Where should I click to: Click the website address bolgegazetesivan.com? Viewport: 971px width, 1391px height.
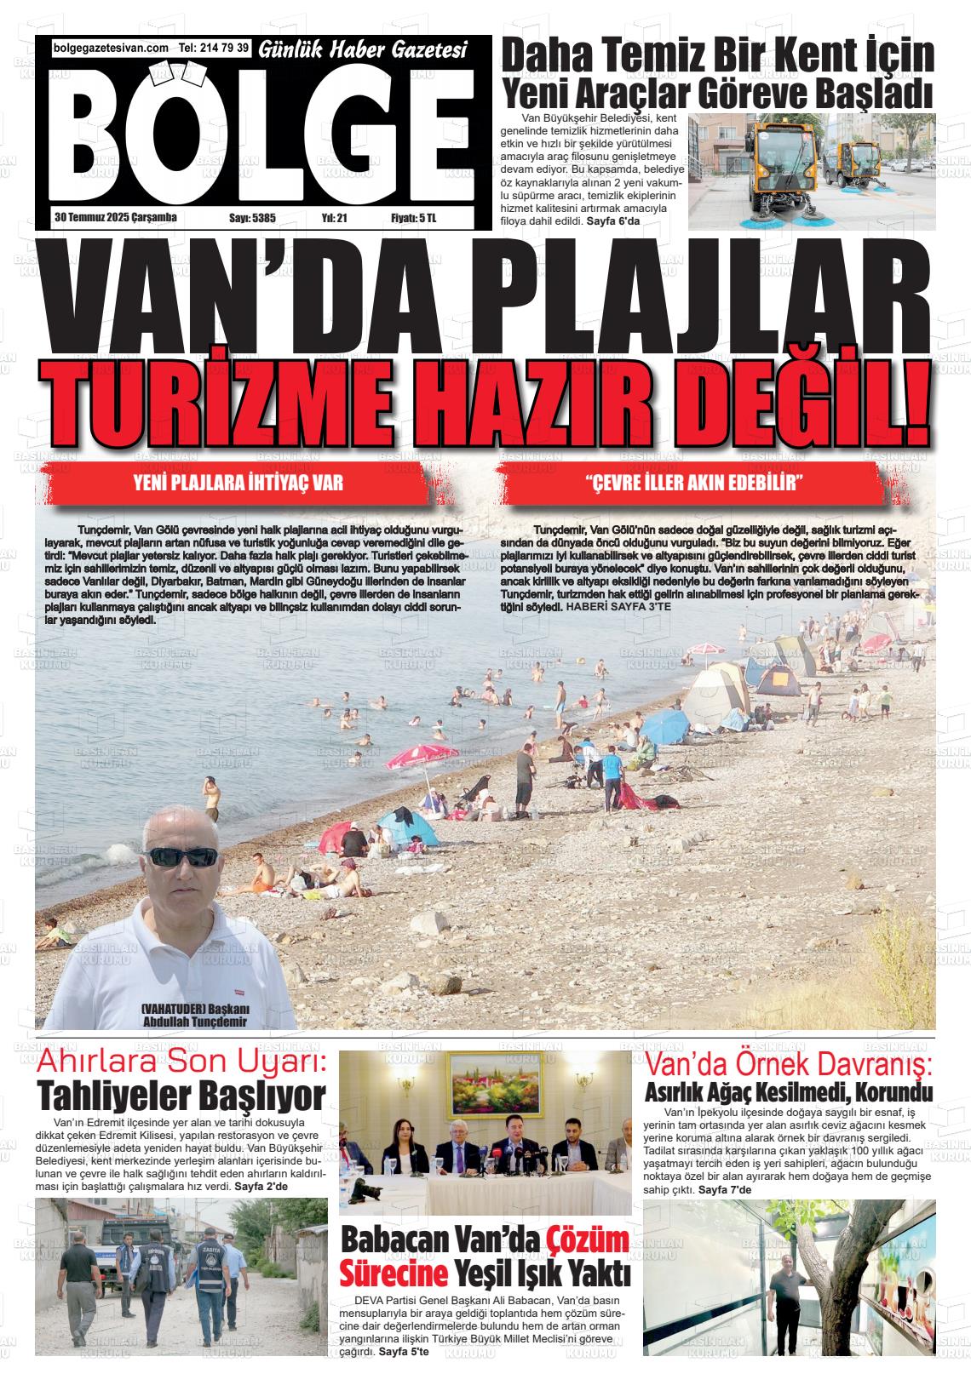(111, 49)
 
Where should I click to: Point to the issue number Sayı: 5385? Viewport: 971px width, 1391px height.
(252, 218)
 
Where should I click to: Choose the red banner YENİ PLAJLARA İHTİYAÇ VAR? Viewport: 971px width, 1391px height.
(238, 484)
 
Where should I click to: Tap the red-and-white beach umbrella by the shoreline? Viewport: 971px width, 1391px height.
(422, 754)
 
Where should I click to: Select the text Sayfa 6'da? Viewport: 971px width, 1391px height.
(612, 221)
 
